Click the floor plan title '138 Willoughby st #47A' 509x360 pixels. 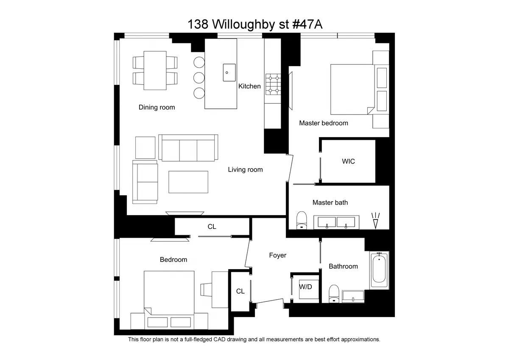[255, 24]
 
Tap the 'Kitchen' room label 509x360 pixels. [249, 86]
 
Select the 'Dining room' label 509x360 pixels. [157, 107]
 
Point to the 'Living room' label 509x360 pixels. [245, 170]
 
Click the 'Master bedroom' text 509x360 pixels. [323, 123]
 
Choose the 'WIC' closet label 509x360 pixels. [348, 161]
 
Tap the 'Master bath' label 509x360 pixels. [330, 202]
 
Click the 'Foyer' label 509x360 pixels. [277, 255]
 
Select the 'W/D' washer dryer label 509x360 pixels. [305, 287]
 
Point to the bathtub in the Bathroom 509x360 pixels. [379, 270]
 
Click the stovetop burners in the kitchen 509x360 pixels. [273, 84]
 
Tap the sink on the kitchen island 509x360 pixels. [229, 72]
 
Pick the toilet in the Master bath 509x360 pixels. [302, 220]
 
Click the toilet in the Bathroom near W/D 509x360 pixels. [334, 293]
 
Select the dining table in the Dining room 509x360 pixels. [155, 70]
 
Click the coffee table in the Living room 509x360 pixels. [188, 182]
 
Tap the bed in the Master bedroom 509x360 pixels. [352, 89]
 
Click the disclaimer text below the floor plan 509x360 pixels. [254, 340]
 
